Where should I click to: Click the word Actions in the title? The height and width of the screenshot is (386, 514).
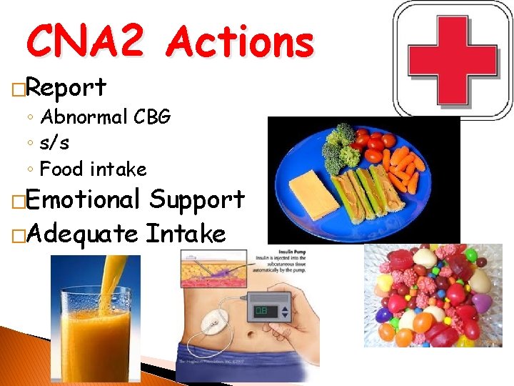[240, 41]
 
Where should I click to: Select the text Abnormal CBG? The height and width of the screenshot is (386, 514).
[105, 117]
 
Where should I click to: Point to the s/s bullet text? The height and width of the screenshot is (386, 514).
[55, 143]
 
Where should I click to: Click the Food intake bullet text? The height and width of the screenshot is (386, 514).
[93, 169]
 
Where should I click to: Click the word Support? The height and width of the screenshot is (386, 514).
[197, 199]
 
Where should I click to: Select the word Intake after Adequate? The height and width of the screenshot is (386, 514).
[185, 233]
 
